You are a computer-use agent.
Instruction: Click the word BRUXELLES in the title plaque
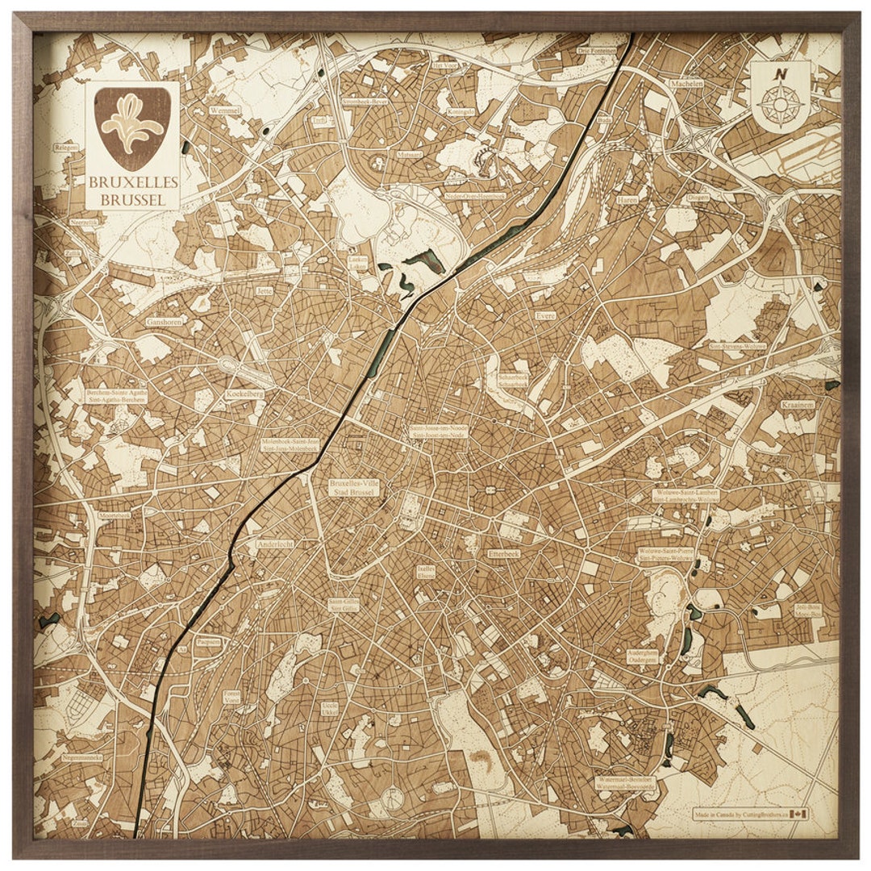pos(132,184)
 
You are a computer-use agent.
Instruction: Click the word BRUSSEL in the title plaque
pos(132,199)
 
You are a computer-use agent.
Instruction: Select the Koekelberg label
pos(244,394)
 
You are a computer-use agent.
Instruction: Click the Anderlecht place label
pos(275,544)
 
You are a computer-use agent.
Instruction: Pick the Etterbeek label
pos(504,554)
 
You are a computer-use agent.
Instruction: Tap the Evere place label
pos(546,316)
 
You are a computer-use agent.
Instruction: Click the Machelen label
pos(686,83)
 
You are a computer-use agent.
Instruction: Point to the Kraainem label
pos(798,405)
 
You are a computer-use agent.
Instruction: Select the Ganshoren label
pos(165,321)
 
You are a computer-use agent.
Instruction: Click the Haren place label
pos(627,199)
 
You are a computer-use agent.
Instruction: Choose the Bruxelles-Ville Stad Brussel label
pos(353,487)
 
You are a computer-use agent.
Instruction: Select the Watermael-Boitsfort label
pos(626,783)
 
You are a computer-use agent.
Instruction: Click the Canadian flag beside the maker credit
pos(799,814)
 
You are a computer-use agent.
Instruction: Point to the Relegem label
pos(66,148)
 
